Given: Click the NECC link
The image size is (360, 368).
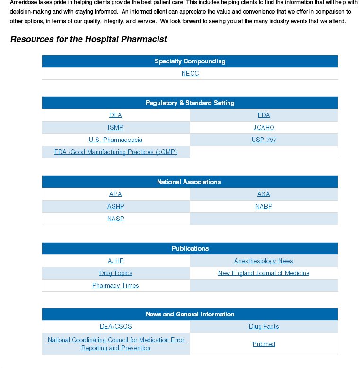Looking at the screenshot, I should point(190,73).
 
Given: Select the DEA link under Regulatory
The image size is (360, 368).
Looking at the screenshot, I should point(115,115).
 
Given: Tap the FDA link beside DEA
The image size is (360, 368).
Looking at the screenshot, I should point(263,115).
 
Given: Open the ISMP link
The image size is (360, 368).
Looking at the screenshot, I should point(115,127).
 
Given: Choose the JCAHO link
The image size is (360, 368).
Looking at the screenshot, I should point(263,127).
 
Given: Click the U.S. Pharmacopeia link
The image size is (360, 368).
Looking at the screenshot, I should point(115,140).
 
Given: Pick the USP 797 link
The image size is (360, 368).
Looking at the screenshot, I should point(263,140).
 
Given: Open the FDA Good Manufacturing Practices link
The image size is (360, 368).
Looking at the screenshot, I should point(115,152).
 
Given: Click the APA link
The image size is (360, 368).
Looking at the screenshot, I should point(115,194).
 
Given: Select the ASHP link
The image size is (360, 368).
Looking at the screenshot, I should point(115,206).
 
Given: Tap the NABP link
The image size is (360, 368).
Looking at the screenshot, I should point(263,206).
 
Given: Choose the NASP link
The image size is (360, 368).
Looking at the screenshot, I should point(115,219).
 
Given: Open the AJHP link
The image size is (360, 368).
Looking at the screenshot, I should point(115,261).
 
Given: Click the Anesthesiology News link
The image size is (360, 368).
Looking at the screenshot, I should point(263,261).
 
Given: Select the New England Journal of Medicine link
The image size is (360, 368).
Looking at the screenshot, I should point(263,273).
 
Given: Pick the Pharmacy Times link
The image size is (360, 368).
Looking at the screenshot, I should point(115,285).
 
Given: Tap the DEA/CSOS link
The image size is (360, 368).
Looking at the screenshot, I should point(115,326).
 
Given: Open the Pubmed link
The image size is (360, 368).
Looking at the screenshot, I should point(263,344).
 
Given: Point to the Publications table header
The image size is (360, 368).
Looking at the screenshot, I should point(190,248).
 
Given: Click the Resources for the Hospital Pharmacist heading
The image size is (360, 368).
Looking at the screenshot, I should point(88,39).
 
